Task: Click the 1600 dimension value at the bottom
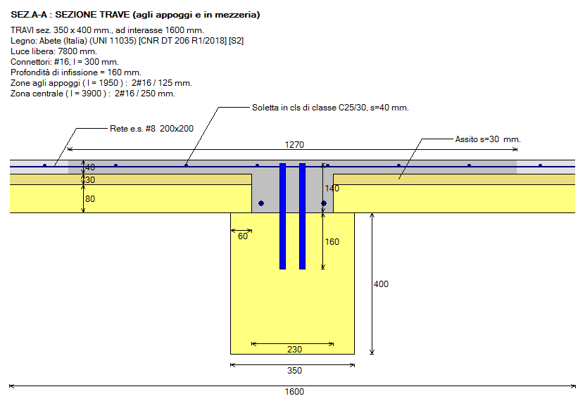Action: coord(296,392)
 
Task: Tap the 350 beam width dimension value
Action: coord(294,371)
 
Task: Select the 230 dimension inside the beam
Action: coord(294,350)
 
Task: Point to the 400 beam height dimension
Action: coord(381,284)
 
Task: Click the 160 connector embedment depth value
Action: coord(332,242)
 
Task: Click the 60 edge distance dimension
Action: coord(243,236)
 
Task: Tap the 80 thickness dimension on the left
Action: coord(89,198)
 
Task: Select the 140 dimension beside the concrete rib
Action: coord(332,189)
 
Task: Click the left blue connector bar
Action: coord(282,216)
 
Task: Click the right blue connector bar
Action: coord(302,216)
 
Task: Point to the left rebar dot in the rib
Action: coord(261,203)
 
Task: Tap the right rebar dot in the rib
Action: coord(324,203)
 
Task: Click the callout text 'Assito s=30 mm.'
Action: coord(487,139)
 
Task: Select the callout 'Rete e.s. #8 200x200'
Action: coord(151,129)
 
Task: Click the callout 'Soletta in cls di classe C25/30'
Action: coord(330,108)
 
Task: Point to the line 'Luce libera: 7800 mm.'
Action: coord(54,51)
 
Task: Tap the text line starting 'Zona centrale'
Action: coord(93,93)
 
